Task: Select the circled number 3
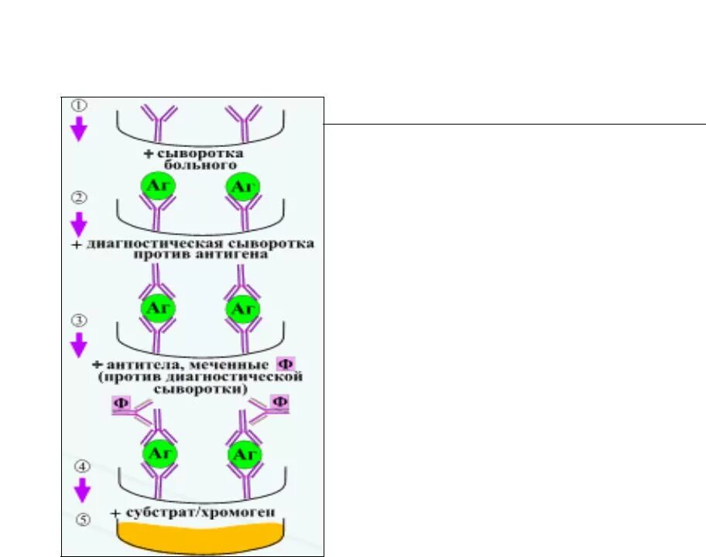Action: coord(78,320)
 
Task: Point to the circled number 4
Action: coord(81,466)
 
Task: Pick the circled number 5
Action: coord(82,519)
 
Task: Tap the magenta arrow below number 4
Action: coord(81,490)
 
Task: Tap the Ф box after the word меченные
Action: coord(285,364)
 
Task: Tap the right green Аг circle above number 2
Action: coord(243,187)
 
